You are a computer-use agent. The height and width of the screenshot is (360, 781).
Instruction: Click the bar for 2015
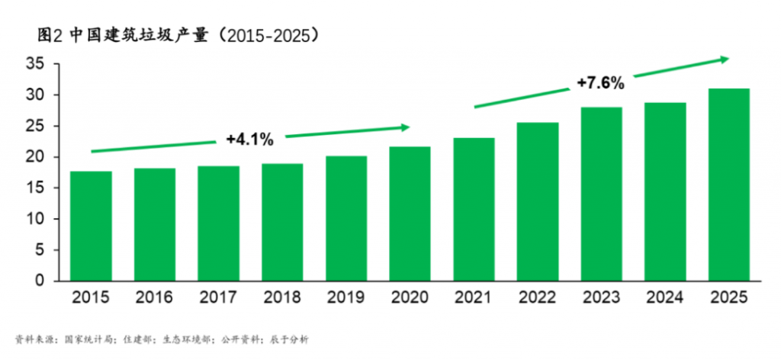pos(91,226)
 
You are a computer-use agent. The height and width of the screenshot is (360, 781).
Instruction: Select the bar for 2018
pos(282,222)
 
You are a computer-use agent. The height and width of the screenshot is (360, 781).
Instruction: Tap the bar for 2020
pos(410,214)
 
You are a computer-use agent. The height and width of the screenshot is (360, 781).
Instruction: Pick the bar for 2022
pos(537,201)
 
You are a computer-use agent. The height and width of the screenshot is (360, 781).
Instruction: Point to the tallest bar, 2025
pos(728,185)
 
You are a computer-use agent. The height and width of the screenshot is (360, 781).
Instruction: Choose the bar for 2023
pos(601,194)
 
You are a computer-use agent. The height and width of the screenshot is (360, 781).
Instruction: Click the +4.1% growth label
pos(249,140)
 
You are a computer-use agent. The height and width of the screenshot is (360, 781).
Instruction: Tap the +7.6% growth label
pos(600,83)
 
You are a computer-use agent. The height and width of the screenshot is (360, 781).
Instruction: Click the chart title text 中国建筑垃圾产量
pos(138,35)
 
